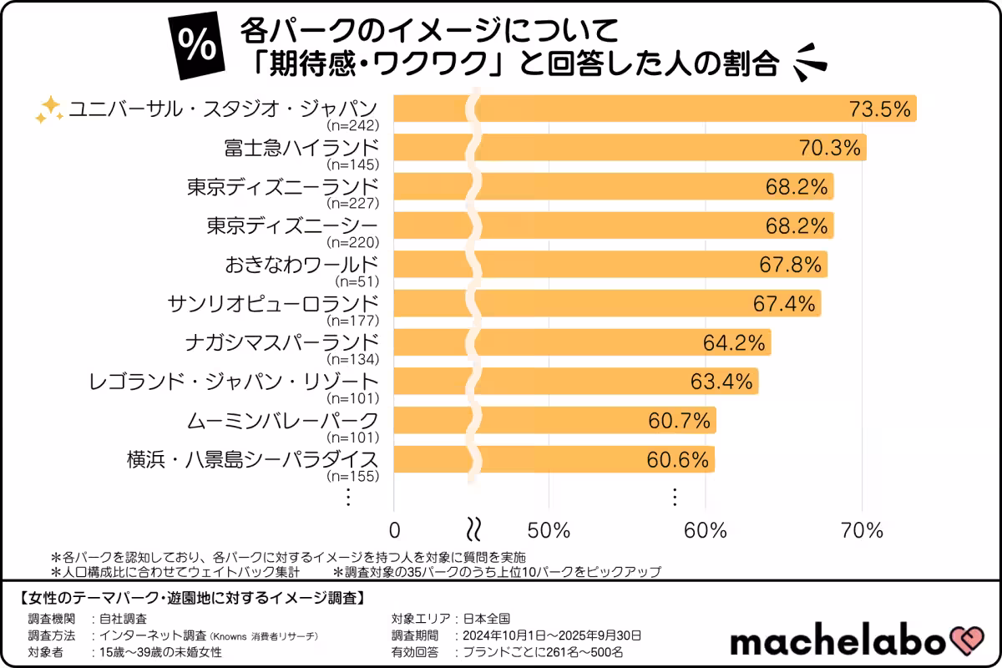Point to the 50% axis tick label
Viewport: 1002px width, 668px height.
(549, 529)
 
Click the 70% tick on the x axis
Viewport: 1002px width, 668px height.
(862, 529)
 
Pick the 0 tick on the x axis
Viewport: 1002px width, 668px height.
(395, 529)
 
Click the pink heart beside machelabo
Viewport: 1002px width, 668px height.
(969, 641)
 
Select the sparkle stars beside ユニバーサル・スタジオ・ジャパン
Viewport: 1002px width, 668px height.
(49, 109)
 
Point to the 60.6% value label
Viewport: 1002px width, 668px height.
(677, 459)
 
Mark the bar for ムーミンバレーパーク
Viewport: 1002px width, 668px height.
(584, 420)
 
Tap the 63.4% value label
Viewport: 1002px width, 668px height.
(721, 382)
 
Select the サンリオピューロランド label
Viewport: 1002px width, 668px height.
(273, 303)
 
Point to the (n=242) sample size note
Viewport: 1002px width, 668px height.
(353, 126)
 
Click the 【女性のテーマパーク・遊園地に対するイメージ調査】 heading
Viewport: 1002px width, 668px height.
(191, 598)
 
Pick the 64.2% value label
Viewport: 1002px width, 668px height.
(734, 342)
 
